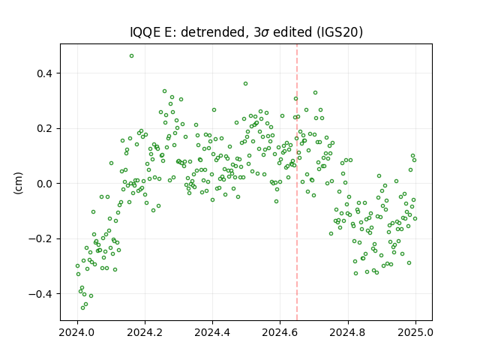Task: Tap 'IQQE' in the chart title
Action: (145, 32)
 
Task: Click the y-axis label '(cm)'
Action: (18, 183)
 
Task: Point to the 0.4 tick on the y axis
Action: (45, 73)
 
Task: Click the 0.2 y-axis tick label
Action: (45, 128)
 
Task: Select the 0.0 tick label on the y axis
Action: (45, 184)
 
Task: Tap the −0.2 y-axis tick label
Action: (41, 238)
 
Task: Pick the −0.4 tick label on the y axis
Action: (41, 294)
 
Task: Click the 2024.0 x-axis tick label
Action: (77, 332)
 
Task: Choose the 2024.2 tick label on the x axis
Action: (145, 332)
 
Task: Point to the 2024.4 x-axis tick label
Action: (212, 332)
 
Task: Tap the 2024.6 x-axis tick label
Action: (280, 332)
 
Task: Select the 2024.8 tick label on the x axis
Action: (348, 332)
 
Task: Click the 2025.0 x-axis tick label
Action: (415, 332)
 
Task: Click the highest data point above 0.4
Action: (132, 56)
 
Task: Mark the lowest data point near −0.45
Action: (82, 307)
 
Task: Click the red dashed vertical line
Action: (297, 182)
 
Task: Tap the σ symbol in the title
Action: (265, 33)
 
